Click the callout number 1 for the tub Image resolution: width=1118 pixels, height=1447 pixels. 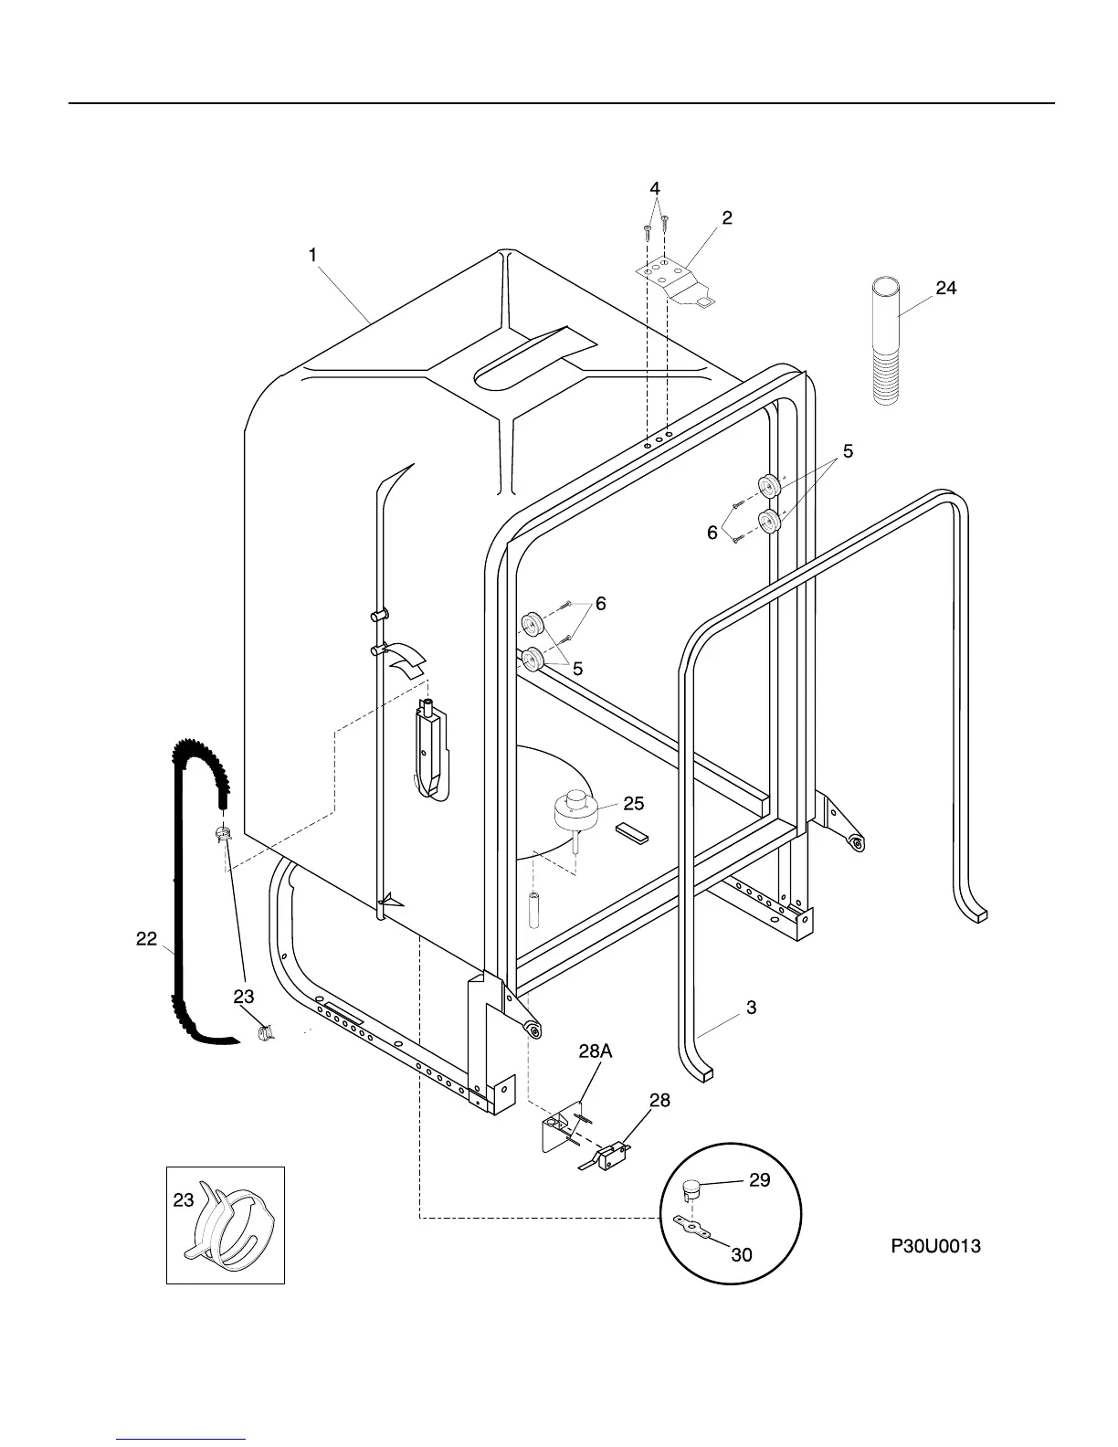click(312, 256)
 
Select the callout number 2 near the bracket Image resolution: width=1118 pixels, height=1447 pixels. click(726, 218)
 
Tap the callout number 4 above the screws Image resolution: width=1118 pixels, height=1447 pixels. click(655, 188)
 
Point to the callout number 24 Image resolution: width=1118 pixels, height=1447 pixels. click(945, 289)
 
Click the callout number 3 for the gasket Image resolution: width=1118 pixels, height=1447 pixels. click(751, 1009)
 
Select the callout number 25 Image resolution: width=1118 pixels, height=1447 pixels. click(633, 804)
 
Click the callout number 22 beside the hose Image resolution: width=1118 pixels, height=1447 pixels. click(146, 938)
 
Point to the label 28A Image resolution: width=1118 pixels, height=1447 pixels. click(595, 1051)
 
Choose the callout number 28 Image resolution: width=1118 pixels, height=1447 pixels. click(659, 1101)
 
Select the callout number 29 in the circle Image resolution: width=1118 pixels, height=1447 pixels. click(759, 1180)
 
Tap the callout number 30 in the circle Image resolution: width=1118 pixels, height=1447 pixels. click(742, 1255)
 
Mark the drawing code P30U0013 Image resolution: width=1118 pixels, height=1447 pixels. click(935, 1245)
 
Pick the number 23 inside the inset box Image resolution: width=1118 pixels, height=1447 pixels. click(184, 1200)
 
